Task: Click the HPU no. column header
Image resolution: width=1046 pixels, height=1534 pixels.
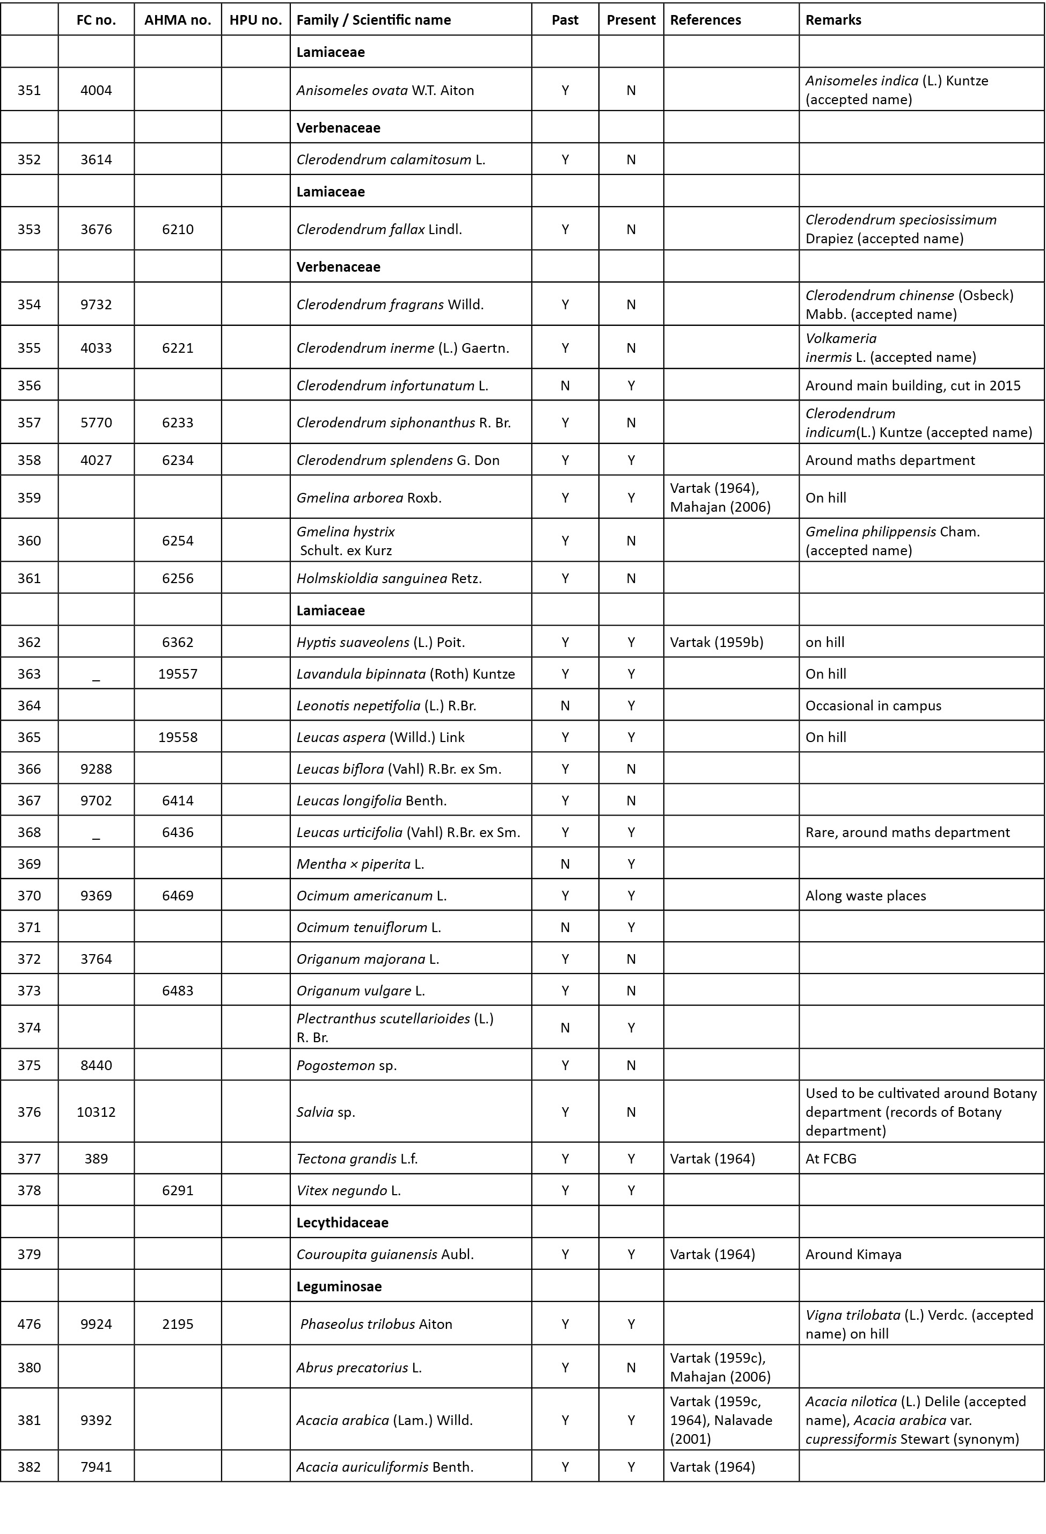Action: (255, 20)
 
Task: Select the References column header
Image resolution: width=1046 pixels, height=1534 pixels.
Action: (705, 20)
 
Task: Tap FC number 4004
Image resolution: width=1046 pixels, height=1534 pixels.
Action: (97, 90)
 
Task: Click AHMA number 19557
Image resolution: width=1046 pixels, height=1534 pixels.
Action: (178, 674)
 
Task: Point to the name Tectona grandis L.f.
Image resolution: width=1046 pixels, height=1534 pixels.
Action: (357, 1159)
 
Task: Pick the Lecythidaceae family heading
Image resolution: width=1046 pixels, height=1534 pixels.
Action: (342, 1223)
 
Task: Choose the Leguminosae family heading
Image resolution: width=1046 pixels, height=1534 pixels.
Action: (339, 1286)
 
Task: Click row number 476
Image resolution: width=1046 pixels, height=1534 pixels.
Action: (29, 1324)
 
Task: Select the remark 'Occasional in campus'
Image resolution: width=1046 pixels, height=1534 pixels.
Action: (873, 706)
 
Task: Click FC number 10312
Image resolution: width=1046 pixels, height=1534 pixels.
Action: (97, 1111)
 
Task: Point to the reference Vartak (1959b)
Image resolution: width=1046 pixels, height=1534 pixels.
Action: (716, 642)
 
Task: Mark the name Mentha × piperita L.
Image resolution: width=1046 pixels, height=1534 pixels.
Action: (360, 864)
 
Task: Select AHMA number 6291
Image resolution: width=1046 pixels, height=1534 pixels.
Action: (178, 1190)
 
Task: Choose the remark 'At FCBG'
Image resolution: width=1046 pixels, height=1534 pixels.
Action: (830, 1159)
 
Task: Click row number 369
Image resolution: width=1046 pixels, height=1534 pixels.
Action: (29, 864)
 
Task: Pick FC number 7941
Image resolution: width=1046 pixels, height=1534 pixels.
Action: (97, 1467)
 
